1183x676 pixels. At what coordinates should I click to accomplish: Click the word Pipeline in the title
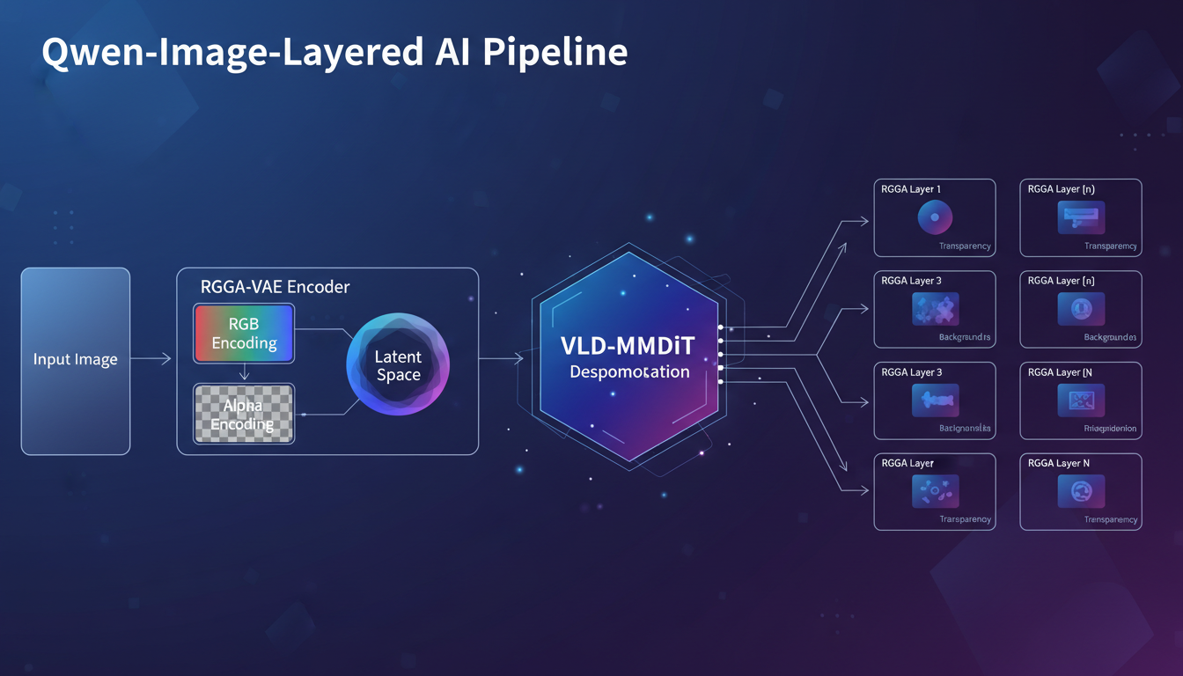click(x=555, y=52)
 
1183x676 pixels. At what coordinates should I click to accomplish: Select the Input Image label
click(x=75, y=359)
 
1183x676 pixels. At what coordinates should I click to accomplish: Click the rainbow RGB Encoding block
click(x=244, y=334)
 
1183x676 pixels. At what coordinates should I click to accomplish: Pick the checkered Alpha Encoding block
click(x=243, y=414)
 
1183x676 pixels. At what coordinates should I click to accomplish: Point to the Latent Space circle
click(x=398, y=365)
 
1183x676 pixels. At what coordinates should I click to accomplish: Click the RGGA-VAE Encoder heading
click(x=276, y=287)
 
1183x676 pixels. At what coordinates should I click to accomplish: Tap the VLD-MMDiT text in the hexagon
click(x=628, y=346)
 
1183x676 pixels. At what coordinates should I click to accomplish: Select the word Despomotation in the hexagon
click(x=629, y=372)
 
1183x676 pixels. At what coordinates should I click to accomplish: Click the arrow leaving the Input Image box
click(x=151, y=358)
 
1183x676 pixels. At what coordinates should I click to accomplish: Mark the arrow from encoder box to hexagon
click(x=502, y=358)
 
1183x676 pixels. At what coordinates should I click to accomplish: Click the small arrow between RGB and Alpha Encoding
click(x=245, y=373)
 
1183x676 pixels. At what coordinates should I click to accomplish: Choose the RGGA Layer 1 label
click(x=911, y=189)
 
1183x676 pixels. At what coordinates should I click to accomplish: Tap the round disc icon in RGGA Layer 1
click(x=935, y=217)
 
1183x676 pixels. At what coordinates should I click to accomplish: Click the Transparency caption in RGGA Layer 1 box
click(x=965, y=246)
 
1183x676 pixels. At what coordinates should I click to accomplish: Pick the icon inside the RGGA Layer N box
click(x=1081, y=492)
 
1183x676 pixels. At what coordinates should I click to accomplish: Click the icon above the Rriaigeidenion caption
click(x=1081, y=400)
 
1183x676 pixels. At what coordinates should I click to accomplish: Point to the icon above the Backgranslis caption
click(x=935, y=400)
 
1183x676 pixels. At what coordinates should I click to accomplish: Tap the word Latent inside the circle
click(x=398, y=356)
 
